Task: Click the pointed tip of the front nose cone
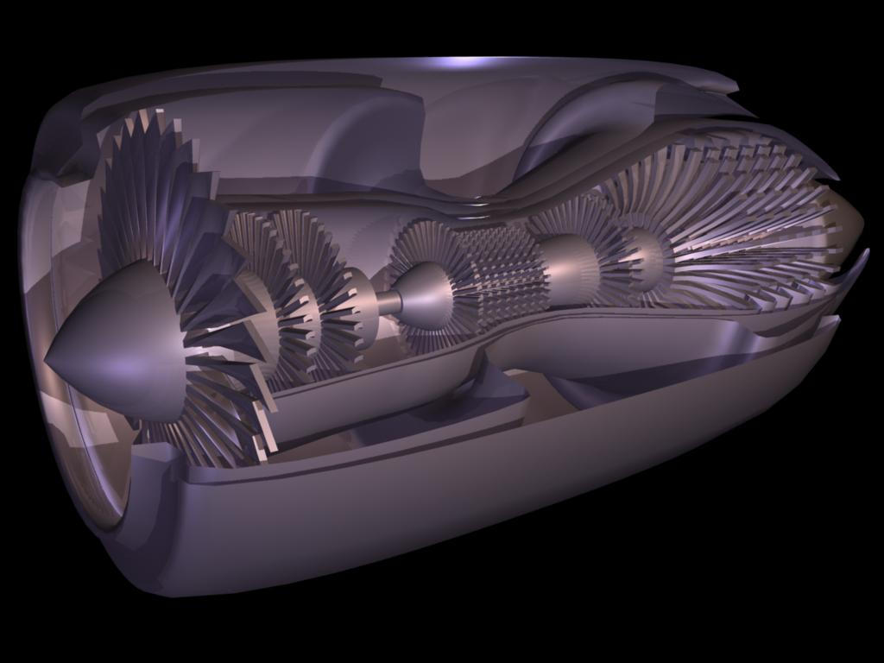(47, 359)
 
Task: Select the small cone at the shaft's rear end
(426, 296)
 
